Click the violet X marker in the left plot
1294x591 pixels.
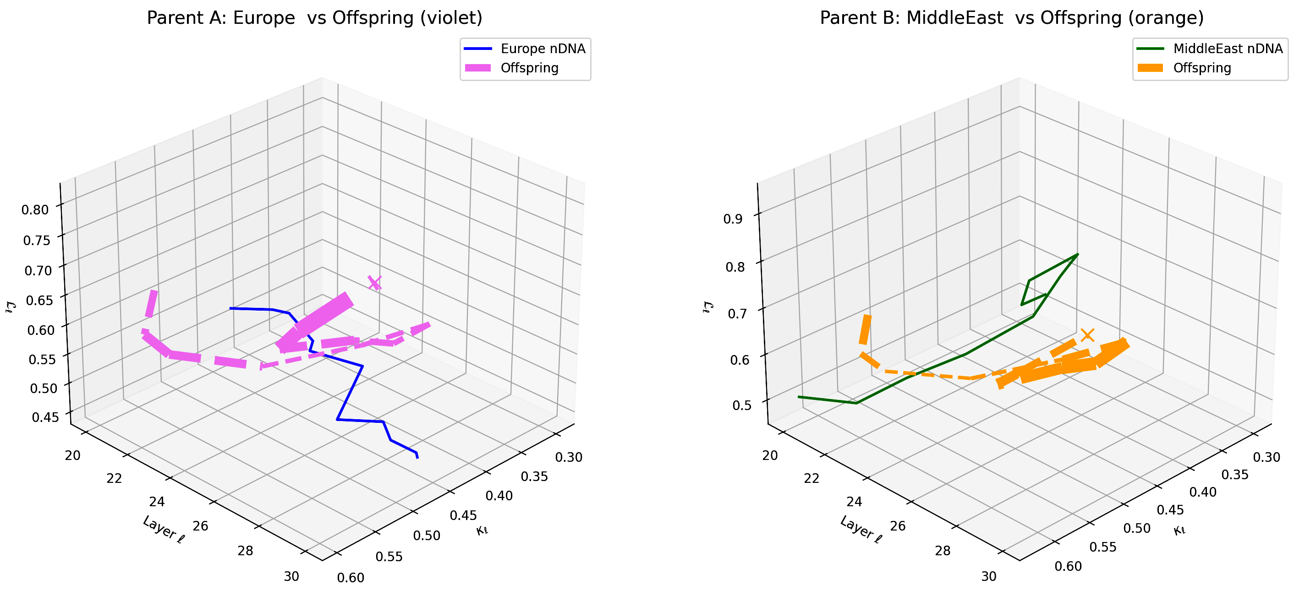tap(375, 283)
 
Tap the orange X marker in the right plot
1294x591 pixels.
tap(1087, 335)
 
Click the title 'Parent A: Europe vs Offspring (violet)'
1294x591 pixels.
tap(314, 18)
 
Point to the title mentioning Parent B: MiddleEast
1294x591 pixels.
tap(1012, 18)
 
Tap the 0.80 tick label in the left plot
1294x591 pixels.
tap(35, 209)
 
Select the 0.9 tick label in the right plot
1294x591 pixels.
tap(732, 219)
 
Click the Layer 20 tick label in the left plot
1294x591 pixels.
tap(73, 455)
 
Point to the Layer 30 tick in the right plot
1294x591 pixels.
tap(988, 576)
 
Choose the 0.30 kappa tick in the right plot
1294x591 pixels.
tap(1267, 457)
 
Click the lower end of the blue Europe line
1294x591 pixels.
tap(417, 457)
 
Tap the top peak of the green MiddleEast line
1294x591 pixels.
tap(1078, 255)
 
